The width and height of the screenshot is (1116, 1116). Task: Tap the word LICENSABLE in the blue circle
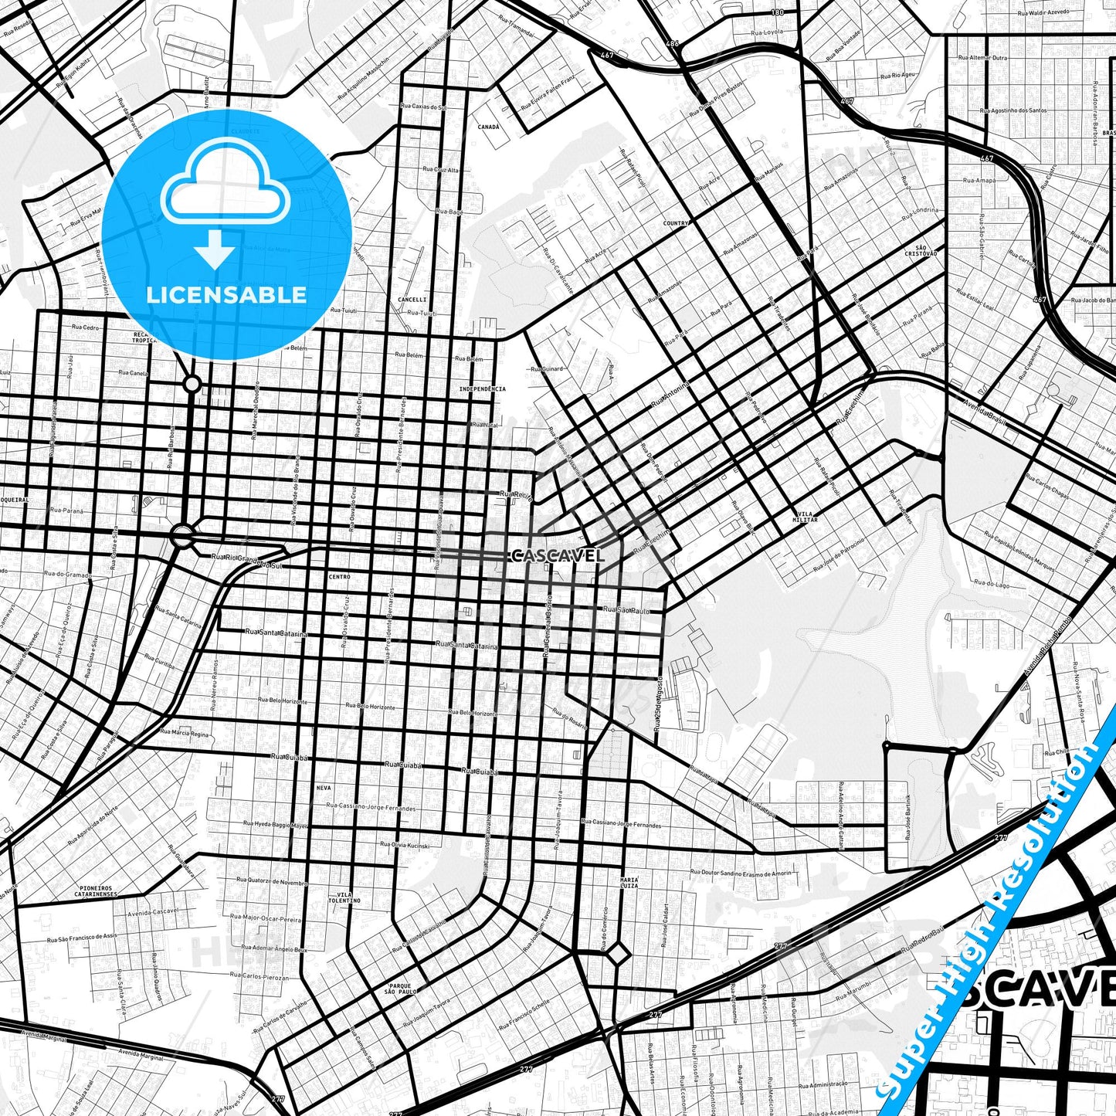pos(226,294)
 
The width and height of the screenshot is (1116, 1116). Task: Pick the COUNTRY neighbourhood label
pos(676,223)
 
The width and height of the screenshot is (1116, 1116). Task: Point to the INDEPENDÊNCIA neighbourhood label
pos(482,388)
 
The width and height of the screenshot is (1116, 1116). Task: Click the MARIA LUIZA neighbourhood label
pos(629,884)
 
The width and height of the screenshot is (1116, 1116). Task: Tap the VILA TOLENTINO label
pos(344,897)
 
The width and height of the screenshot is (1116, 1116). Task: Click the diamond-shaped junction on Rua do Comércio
pos(618,955)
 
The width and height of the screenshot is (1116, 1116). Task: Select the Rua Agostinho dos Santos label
pos(1013,110)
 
